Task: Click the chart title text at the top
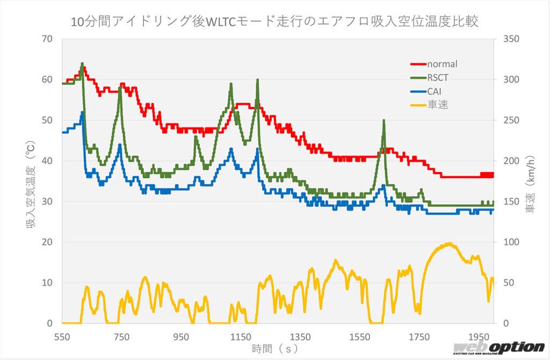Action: click(275, 22)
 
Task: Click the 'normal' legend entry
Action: click(442, 64)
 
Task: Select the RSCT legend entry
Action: click(437, 78)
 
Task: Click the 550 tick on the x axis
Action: click(62, 337)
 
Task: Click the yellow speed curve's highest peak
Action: click(449, 243)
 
